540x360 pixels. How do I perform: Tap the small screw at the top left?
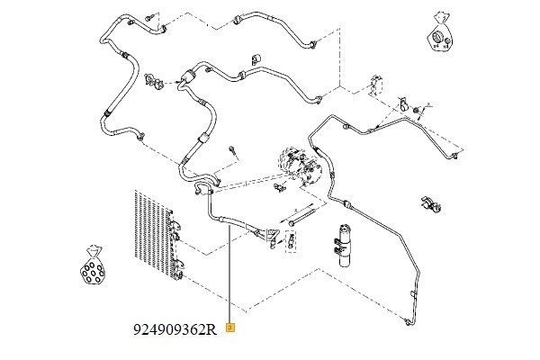[145, 18]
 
